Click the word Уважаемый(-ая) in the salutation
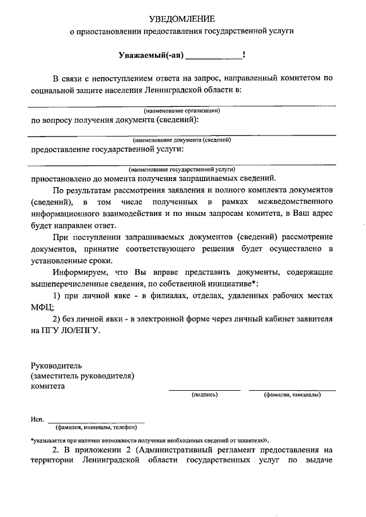click(151, 55)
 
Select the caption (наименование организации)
click(182, 110)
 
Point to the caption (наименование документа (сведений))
click(182, 139)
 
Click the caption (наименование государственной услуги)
click(182, 169)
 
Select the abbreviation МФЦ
click(41, 307)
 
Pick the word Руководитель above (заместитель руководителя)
click(57, 365)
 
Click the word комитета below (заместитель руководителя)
click(47, 386)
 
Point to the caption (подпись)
click(204, 395)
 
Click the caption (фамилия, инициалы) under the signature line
click(292, 395)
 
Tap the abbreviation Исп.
click(37, 420)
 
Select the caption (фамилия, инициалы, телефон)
click(96, 427)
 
